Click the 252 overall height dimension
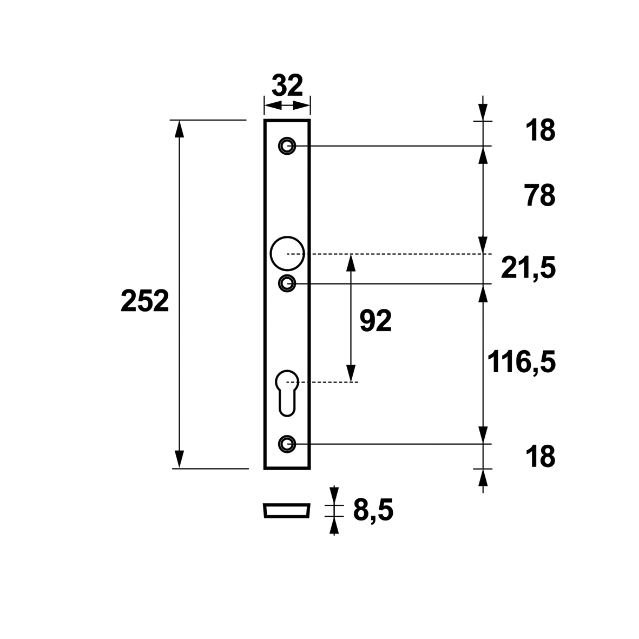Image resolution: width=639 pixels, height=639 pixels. click(144, 301)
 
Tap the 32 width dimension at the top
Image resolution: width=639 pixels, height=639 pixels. click(287, 85)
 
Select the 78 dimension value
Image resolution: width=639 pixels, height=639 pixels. click(540, 196)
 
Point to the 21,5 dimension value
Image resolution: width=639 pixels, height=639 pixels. click(528, 269)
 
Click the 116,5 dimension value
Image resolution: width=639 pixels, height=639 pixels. click(522, 362)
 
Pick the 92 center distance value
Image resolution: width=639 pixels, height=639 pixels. click(376, 321)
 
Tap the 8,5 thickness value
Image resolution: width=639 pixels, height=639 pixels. click(373, 510)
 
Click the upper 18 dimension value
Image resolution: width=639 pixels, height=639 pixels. click(541, 130)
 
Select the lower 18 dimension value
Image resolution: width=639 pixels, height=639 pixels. click(541, 457)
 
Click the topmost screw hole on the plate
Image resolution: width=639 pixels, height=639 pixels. click(287, 146)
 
